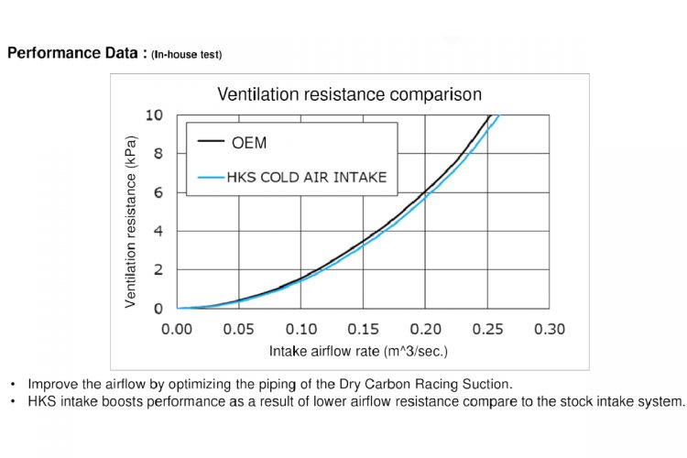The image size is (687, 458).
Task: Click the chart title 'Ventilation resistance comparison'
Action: pos(348,94)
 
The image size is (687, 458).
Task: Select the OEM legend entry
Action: pos(249,143)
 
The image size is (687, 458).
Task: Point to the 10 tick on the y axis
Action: pos(155,115)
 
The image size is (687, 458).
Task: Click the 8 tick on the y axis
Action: pos(158,154)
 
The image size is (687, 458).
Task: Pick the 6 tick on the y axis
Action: pos(158,192)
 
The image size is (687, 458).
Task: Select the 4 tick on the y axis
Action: pos(158,231)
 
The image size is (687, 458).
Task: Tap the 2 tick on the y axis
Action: pos(158,270)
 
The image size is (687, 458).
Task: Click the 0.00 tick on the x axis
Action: pos(178,329)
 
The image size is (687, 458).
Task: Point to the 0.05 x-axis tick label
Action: pos(239,329)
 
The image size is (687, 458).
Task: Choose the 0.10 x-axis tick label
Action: pos(301,329)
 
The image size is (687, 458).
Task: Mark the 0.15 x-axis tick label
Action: pos(364,329)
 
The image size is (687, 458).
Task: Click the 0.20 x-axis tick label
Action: pos(425,329)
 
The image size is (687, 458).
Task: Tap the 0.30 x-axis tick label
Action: pos(549,329)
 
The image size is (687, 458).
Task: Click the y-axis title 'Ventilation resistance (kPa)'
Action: pos(131,222)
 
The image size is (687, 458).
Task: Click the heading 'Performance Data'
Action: pos(73,53)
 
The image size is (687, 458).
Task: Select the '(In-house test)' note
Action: pos(187,55)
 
